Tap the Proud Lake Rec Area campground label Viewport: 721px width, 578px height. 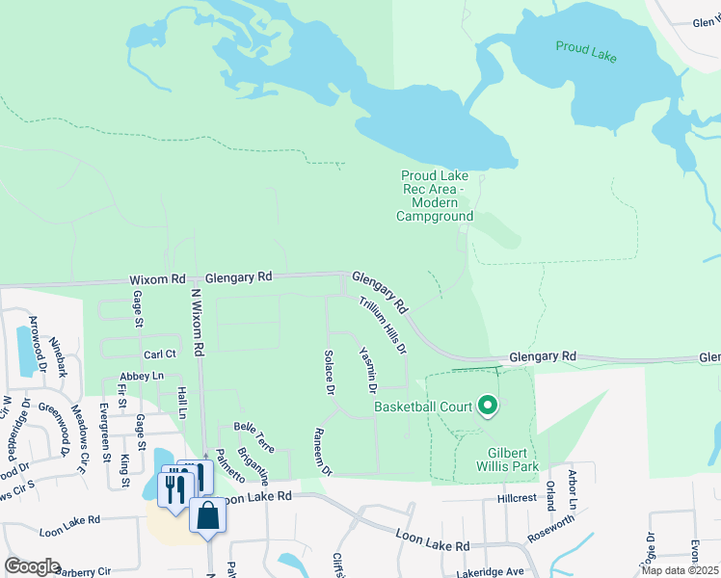tap(435, 196)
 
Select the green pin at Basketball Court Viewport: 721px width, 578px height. tap(487, 407)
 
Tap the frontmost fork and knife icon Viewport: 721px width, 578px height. tap(174, 490)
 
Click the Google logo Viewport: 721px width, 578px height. tap(33, 566)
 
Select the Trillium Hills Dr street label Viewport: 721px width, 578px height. tap(384, 325)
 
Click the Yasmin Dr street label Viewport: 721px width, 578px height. tap(366, 370)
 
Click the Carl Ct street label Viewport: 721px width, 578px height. tap(159, 354)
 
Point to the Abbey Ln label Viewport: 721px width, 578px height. tap(142, 376)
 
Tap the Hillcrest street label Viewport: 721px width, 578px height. tap(516, 499)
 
